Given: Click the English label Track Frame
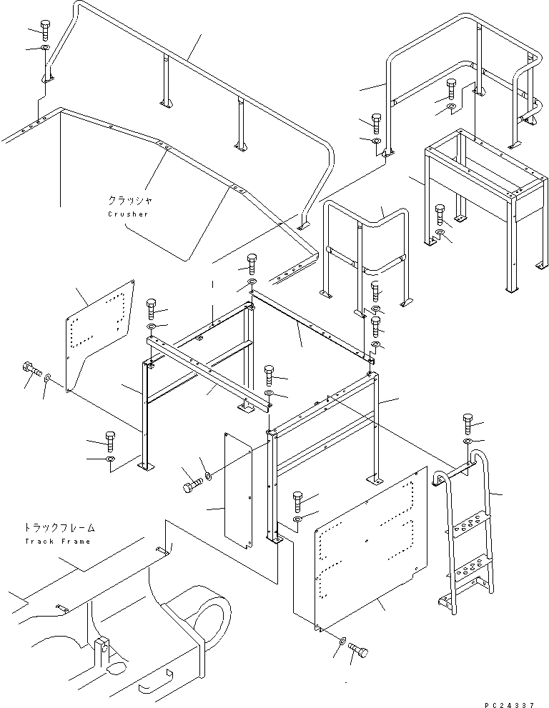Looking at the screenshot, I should click(56, 542).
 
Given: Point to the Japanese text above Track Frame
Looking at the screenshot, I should click(59, 529).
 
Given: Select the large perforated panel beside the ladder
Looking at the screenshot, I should click(366, 543).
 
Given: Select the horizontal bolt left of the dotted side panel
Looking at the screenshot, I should click(30, 370).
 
